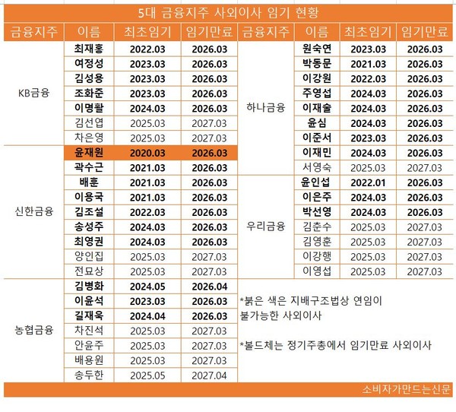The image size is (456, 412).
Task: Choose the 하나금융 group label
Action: click(x=267, y=107)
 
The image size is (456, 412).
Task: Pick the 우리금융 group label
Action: click(x=267, y=226)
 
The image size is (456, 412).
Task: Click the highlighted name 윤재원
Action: click(x=89, y=153)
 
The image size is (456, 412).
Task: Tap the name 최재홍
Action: click(x=89, y=49)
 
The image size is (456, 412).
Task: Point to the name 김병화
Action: click(x=89, y=287)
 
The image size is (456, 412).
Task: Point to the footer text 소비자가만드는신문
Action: click(x=406, y=390)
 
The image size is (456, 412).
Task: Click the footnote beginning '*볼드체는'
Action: click(x=334, y=345)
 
